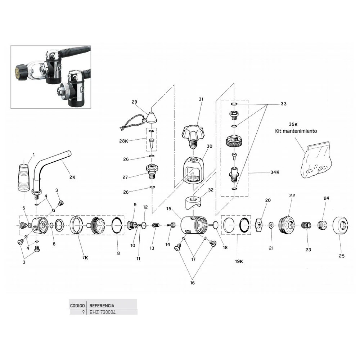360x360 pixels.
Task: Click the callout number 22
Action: (x=292, y=195)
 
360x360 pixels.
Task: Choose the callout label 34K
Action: (x=275, y=172)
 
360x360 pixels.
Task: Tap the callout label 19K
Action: (x=239, y=261)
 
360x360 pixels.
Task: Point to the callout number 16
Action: (x=192, y=283)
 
